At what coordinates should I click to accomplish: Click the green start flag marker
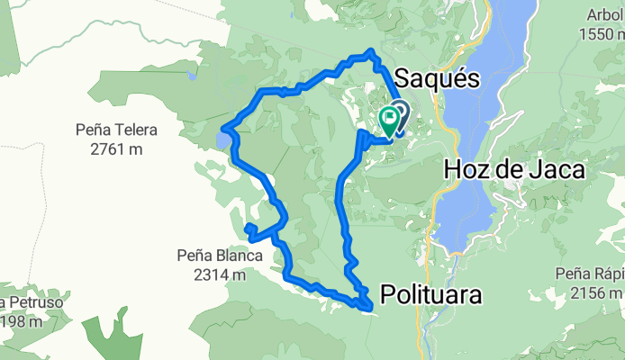click(x=389, y=120)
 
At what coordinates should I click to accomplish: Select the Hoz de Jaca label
click(x=514, y=168)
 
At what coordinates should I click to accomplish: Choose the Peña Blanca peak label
click(x=219, y=256)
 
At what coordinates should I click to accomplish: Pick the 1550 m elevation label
click(x=602, y=34)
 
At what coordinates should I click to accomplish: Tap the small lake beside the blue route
click(x=222, y=140)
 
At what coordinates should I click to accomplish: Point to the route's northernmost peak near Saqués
click(x=370, y=52)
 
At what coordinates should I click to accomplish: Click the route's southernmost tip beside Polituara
click(x=369, y=309)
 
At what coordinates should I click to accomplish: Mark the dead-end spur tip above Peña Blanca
click(x=247, y=225)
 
